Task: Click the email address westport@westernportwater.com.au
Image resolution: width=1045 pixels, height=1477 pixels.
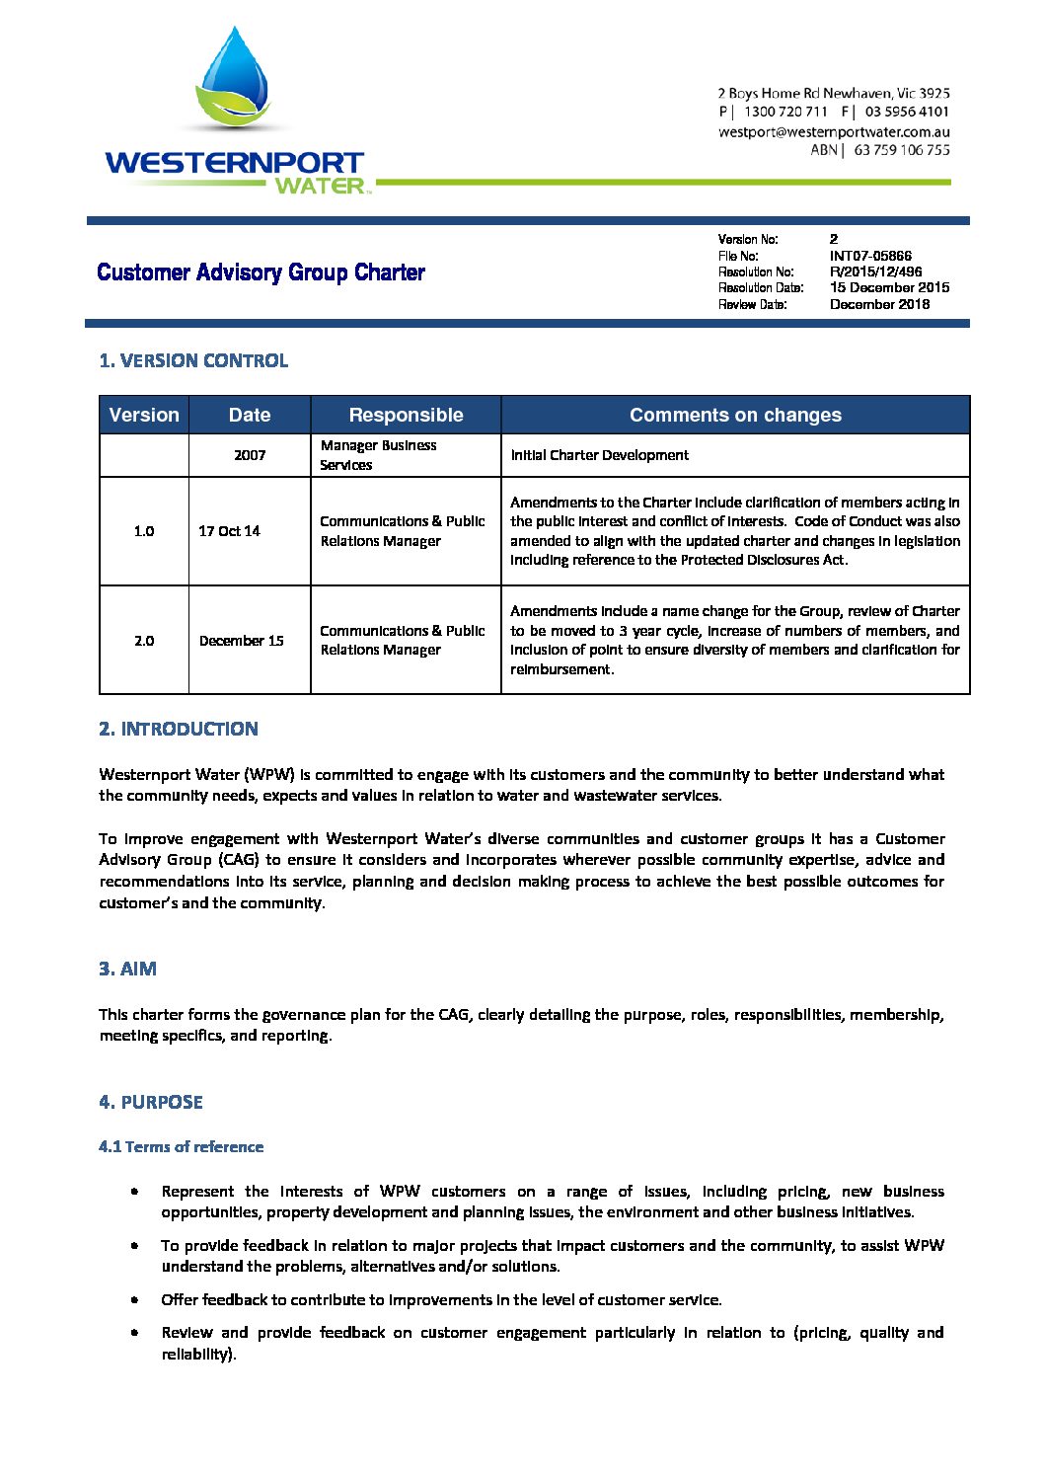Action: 834,131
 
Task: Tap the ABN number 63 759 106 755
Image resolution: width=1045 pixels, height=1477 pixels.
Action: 902,150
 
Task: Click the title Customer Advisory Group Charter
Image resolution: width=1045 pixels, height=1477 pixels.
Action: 261,272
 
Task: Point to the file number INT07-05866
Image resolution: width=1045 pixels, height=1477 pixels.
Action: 870,256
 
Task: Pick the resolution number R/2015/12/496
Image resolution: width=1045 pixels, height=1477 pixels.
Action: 875,272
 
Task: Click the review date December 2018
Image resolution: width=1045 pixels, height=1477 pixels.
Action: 879,304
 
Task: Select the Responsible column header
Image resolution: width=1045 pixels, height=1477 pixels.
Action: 406,415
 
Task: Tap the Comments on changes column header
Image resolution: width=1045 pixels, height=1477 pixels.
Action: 735,415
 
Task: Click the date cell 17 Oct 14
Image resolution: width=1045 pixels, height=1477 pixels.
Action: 229,531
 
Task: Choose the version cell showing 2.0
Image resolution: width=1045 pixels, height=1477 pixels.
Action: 144,641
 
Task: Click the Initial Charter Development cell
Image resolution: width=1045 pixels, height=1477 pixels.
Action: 599,455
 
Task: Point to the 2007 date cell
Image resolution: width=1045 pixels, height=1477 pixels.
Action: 250,455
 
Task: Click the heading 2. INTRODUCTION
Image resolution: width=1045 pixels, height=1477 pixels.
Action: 179,729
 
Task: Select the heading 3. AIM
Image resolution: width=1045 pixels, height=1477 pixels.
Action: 127,969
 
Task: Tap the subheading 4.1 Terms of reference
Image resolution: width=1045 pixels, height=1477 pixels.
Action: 181,1146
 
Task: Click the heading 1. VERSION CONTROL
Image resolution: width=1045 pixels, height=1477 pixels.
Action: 193,360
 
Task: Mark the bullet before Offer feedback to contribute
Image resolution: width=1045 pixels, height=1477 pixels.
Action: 133,1299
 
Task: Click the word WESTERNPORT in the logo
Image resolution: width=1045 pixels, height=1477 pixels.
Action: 234,163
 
